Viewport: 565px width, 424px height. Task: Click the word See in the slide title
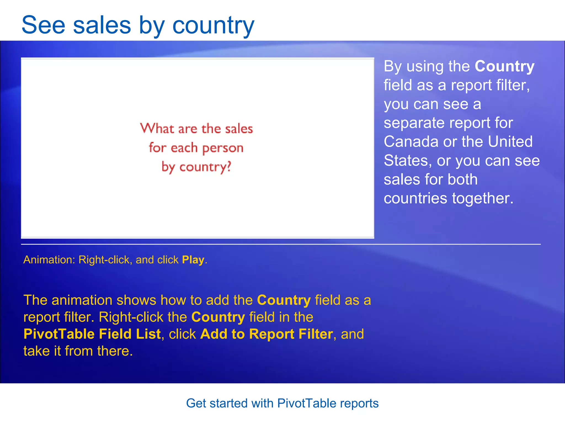[43, 25]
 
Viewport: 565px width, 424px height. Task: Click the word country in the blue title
[213, 26]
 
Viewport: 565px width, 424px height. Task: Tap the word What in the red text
[157, 129]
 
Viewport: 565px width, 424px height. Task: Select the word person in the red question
[223, 148]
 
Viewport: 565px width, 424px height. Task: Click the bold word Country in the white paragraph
[504, 66]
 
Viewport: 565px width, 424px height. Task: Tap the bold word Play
[193, 260]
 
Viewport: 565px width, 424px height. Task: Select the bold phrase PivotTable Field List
[92, 334]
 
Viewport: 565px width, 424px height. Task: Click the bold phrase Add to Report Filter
[266, 334]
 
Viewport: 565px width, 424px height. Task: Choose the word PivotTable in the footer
[307, 403]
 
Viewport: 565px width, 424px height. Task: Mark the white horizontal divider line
[281, 244]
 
